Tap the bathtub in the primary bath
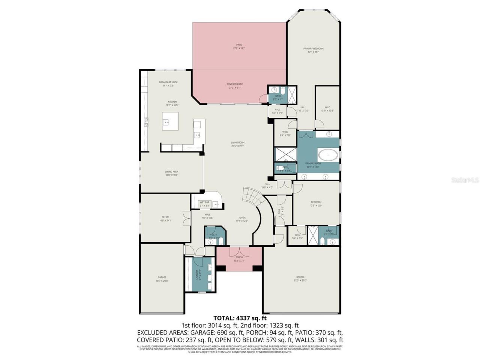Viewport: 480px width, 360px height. [x=328, y=154]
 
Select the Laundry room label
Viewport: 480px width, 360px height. [x=196, y=275]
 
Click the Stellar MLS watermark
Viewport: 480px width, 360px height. [x=465, y=180]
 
